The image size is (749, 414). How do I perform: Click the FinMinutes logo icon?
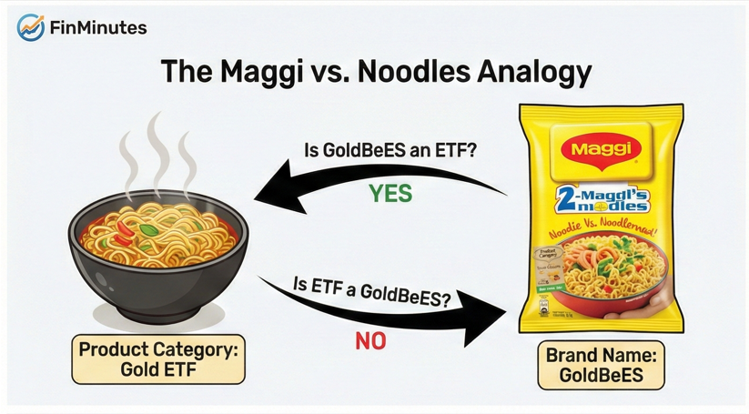pos(32,28)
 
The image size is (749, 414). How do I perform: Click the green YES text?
pos(390,193)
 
